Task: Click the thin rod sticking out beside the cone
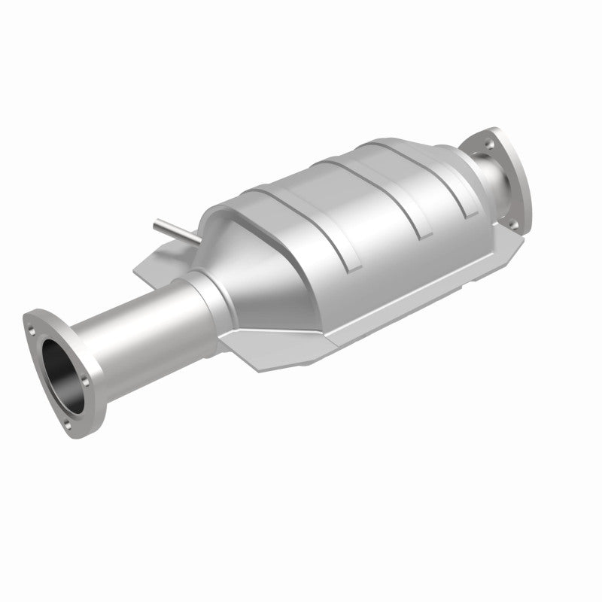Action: tap(172, 231)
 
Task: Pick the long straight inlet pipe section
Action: tap(135, 324)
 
